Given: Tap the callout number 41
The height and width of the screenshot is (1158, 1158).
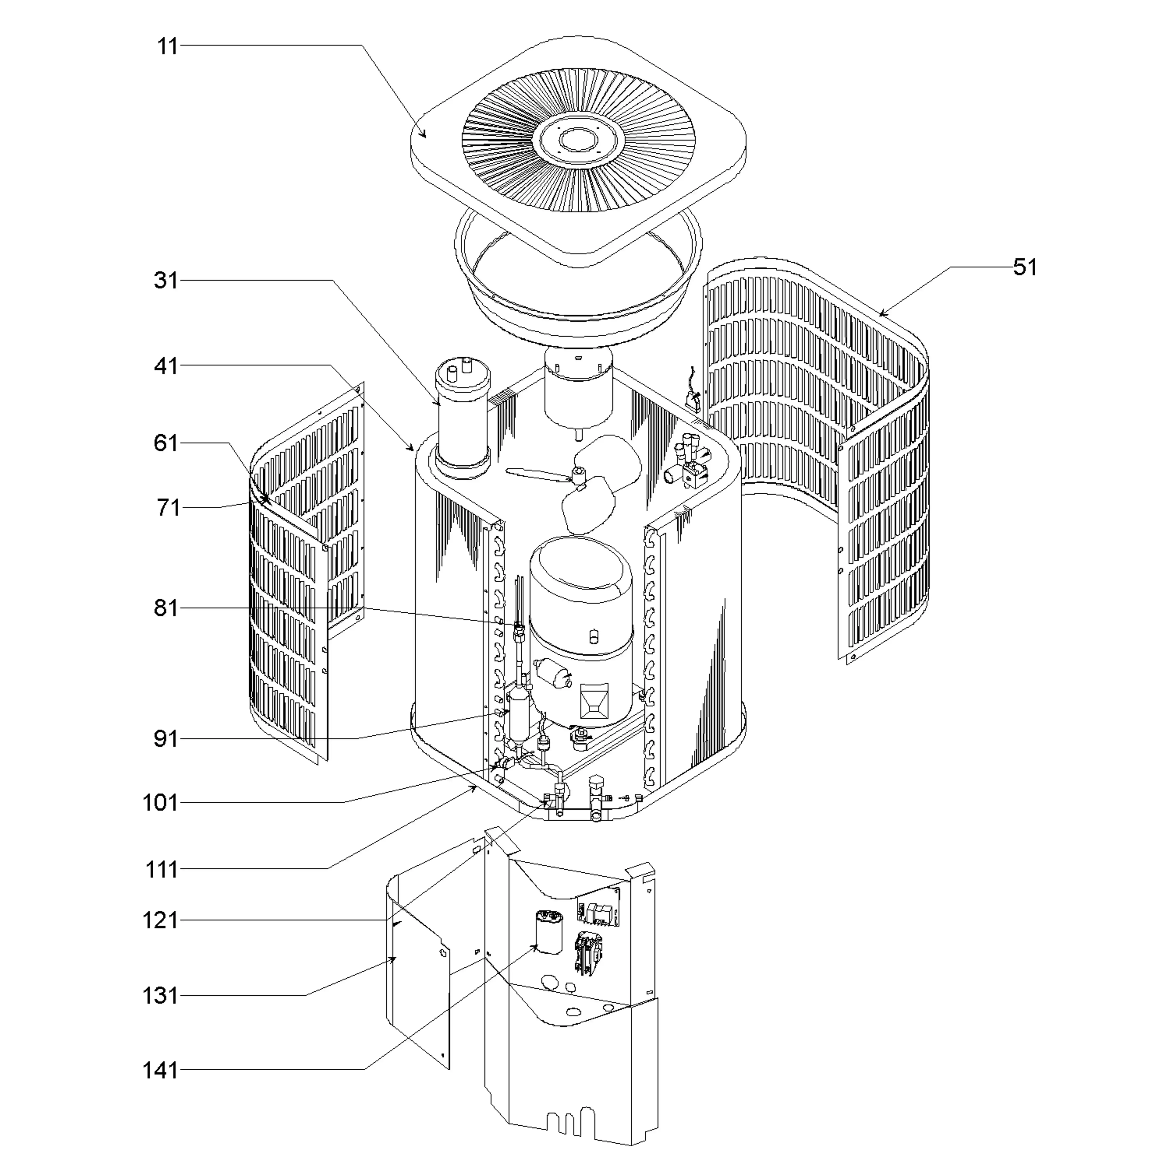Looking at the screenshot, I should click(166, 366).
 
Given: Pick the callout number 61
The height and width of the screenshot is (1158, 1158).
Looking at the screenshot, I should click(166, 444).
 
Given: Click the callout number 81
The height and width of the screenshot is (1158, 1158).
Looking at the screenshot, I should click(166, 608).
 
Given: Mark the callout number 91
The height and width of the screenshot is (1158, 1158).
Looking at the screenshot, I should click(166, 739).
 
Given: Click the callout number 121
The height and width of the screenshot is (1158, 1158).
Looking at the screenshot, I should click(160, 920).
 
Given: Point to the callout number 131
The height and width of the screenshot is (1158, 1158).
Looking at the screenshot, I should click(160, 996).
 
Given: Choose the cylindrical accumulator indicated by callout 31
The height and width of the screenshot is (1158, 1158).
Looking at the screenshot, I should click(462, 420).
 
